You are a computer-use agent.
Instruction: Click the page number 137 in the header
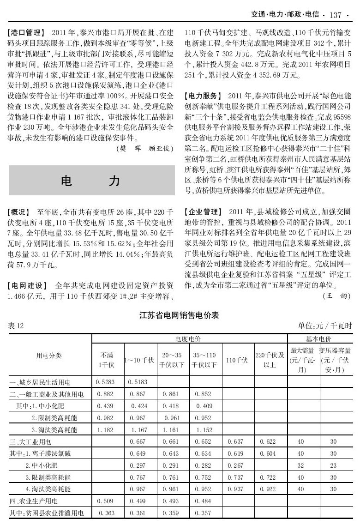coord(336,15)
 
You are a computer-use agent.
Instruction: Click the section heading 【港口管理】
coord(26,33)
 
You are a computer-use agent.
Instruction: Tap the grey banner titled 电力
coord(92,181)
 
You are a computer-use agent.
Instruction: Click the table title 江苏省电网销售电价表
coord(180,316)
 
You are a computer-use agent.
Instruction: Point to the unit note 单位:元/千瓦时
coord(325,326)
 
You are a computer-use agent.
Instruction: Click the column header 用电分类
coord(49,356)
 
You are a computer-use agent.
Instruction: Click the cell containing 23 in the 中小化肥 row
coord(334,465)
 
